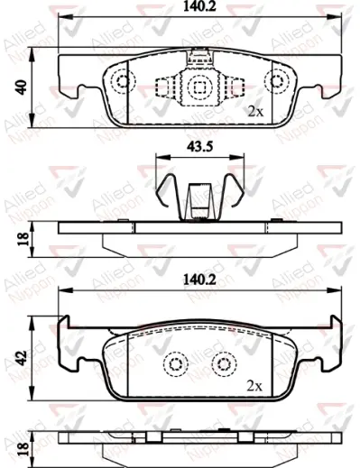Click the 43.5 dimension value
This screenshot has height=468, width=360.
point(198,145)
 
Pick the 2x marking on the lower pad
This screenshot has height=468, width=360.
point(255,384)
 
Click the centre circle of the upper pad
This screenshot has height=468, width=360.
point(198,87)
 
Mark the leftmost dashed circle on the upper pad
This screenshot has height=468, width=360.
point(121,81)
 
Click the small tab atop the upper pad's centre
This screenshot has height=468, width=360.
point(198,60)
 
